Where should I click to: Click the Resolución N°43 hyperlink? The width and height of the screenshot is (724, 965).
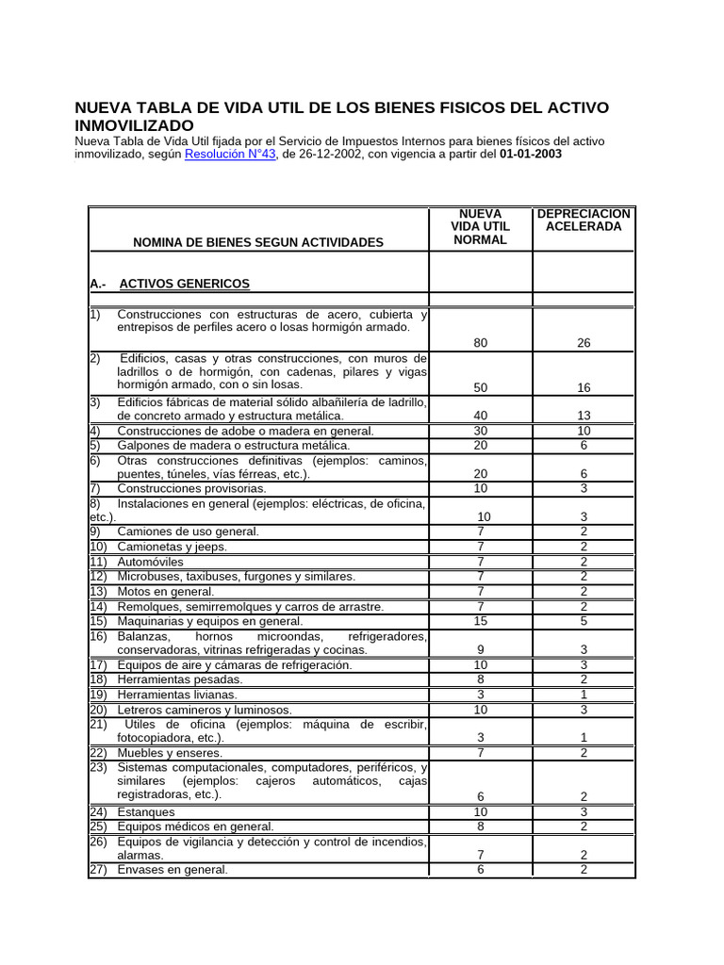pyautogui.click(x=230, y=155)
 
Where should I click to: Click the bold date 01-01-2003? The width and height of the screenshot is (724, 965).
pyautogui.click(x=531, y=155)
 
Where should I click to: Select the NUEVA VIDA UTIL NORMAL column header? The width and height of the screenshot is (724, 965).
pyautogui.click(x=481, y=227)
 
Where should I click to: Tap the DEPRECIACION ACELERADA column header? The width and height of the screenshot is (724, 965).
pyautogui.click(x=584, y=221)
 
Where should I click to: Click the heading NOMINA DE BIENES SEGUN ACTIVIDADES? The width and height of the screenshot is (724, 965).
pyautogui.click(x=258, y=242)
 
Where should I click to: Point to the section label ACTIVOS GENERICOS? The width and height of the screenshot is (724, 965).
pyautogui.click(x=184, y=283)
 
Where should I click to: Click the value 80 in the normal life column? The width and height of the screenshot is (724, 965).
pyautogui.click(x=481, y=343)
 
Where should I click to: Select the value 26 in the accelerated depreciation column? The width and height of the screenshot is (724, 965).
pyautogui.click(x=584, y=343)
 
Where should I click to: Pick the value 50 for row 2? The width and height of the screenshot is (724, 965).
pyautogui.click(x=481, y=387)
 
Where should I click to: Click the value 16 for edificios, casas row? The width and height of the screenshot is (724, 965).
pyautogui.click(x=584, y=387)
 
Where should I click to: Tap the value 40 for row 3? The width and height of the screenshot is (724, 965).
pyautogui.click(x=481, y=415)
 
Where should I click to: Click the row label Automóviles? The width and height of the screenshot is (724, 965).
pyautogui.click(x=151, y=562)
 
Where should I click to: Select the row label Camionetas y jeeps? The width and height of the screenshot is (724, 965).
pyautogui.click(x=172, y=547)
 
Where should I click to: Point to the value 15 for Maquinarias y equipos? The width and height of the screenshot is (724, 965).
pyautogui.click(x=481, y=621)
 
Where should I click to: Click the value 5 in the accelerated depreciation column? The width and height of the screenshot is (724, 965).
pyautogui.click(x=584, y=621)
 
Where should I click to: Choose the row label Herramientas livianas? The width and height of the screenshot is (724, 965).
pyautogui.click(x=177, y=695)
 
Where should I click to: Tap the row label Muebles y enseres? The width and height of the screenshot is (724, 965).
pyautogui.click(x=170, y=753)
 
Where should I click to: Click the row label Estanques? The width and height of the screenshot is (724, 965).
pyautogui.click(x=146, y=811)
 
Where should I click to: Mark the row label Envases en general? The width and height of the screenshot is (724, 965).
pyautogui.click(x=173, y=870)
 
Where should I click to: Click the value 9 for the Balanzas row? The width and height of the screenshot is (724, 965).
pyautogui.click(x=481, y=649)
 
